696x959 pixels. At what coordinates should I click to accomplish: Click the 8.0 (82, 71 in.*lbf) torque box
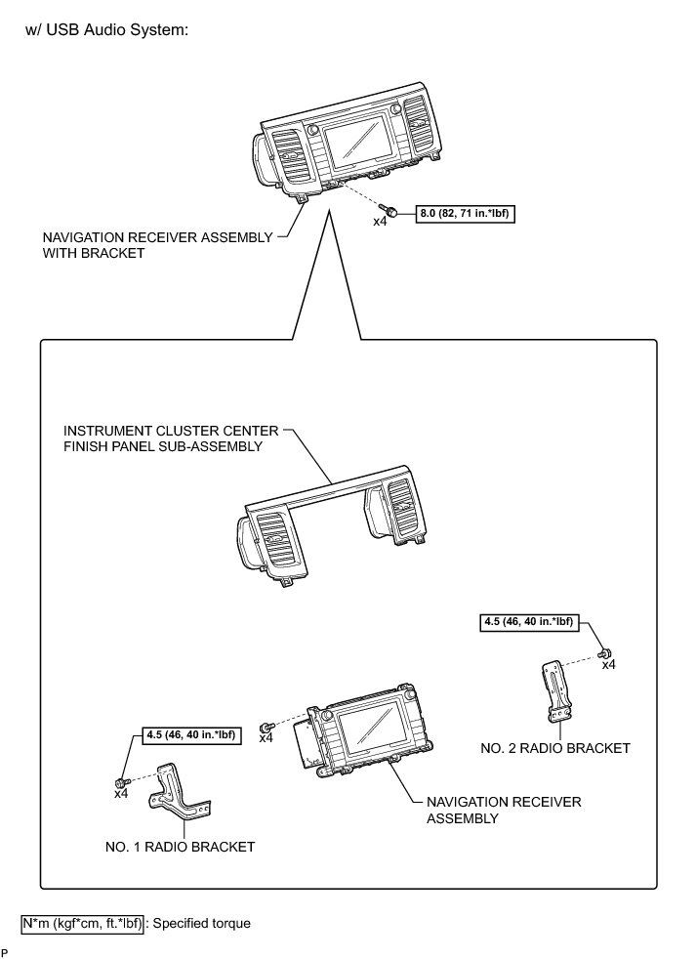[x=465, y=211]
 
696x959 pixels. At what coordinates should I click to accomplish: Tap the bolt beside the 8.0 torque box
[x=390, y=211]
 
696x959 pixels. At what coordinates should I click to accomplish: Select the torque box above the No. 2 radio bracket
[x=528, y=620]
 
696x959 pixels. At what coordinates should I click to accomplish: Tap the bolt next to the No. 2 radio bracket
[x=605, y=652]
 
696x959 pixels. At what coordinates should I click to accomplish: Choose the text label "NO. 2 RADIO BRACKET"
[x=554, y=748]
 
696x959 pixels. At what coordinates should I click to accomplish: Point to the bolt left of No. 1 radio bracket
[x=120, y=782]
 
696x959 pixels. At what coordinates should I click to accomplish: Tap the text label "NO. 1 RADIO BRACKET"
[x=180, y=847]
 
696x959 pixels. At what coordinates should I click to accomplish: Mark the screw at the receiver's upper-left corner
[x=266, y=727]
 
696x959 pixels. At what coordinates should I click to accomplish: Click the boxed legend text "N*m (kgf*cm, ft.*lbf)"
[x=83, y=922]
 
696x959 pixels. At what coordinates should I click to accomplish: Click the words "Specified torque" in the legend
[x=202, y=922]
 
